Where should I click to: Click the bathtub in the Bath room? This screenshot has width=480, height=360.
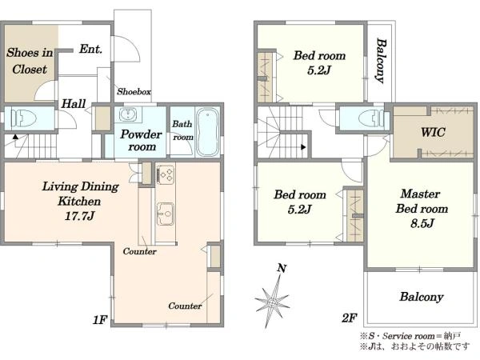(207, 132)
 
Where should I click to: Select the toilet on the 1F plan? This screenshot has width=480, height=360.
(23, 118)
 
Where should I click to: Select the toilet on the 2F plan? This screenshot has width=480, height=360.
(370, 118)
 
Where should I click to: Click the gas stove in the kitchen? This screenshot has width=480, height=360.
(166, 174)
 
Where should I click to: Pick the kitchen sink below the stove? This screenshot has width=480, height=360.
(166, 214)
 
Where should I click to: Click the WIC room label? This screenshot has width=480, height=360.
(433, 132)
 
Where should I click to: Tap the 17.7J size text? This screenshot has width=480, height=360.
(79, 217)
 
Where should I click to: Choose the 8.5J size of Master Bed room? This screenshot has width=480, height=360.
(422, 224)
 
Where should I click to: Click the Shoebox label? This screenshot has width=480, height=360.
(134, 91)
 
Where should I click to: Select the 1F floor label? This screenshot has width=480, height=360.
(100, 320)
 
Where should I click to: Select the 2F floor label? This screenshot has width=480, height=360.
(350, 318)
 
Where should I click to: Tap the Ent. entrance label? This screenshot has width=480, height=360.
(90, 49)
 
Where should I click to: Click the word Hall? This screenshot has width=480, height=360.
(74, 104)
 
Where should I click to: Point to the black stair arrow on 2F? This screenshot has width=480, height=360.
(303, 147)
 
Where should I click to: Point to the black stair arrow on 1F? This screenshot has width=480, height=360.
(16, 137)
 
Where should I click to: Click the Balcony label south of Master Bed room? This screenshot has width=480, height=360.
(422, 297)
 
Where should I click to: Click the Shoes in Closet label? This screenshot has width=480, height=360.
(30, 61)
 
